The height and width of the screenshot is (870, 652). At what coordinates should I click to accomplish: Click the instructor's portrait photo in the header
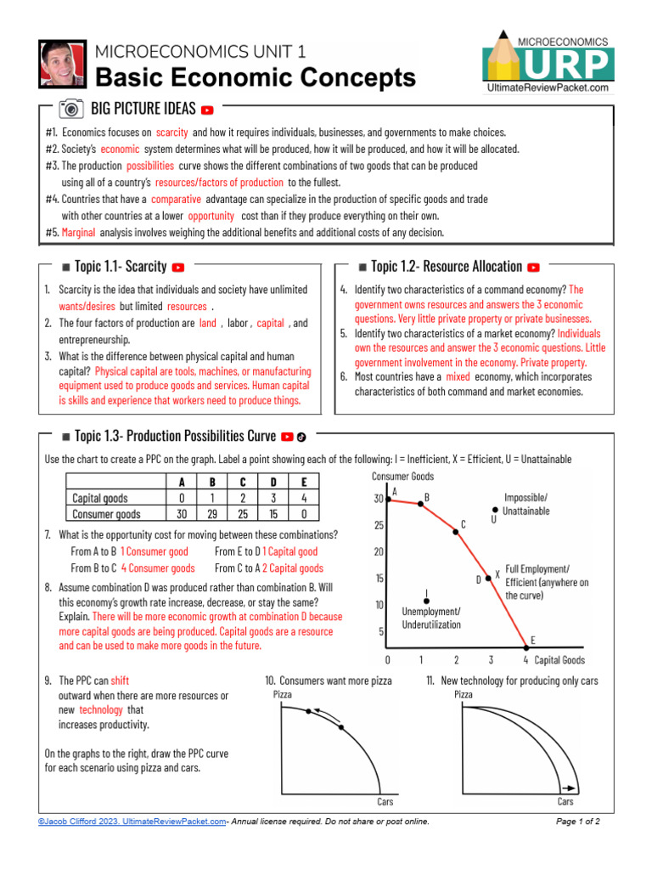tap(63, 63)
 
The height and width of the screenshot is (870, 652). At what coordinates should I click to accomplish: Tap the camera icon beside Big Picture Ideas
tap(71, 109)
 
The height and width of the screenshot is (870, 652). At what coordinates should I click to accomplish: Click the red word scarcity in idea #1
tap(172, 133)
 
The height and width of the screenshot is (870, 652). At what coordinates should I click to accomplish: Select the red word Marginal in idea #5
tap(78, 232)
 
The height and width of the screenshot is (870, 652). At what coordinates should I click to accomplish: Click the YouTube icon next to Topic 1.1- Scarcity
tap(178, 268)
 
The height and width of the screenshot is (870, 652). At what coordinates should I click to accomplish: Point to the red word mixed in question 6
tap(458, 376)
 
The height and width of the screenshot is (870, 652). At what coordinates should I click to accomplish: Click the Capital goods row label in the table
tap(100, 498)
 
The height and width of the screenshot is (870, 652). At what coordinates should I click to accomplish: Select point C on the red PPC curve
tap(457, 530)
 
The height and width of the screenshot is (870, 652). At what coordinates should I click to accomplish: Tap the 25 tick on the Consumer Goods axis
tap(379, 525)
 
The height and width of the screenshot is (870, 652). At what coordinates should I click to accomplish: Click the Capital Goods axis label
tap(559, 659)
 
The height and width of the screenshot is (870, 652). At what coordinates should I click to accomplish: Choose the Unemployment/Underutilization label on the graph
tap(431, 618)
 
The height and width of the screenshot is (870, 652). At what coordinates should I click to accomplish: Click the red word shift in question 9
tap(120, 681)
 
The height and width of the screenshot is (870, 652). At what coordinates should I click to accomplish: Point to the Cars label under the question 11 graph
tap(565, 801)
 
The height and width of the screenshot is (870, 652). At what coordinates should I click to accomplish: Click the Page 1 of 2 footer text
tap(577, 822)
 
